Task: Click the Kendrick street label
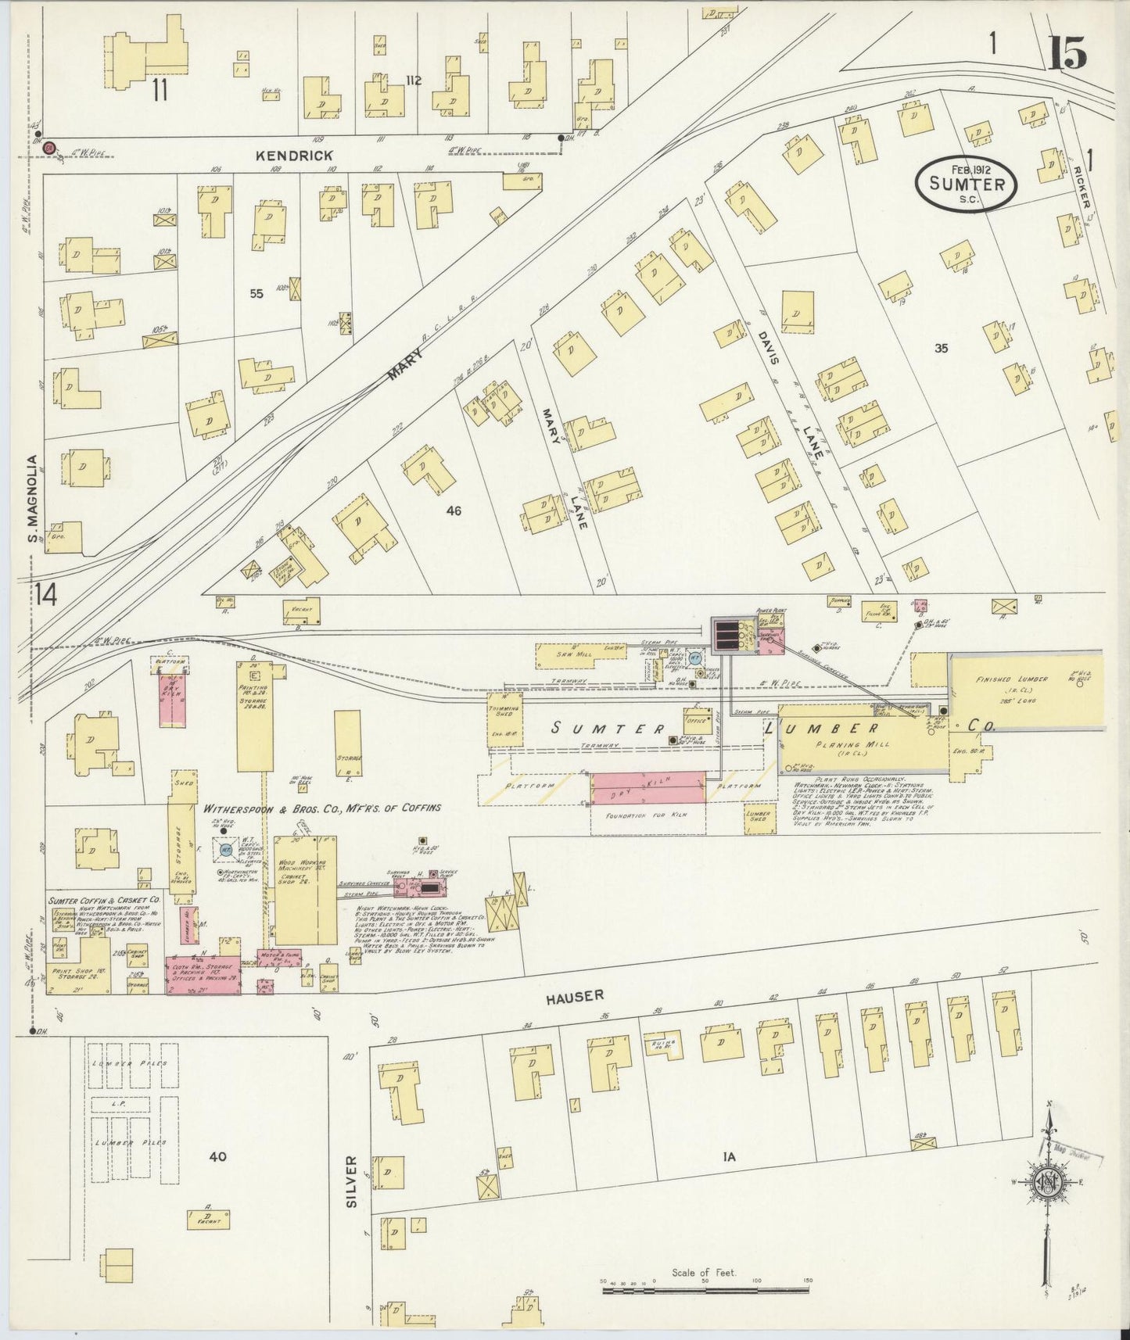[294, 156]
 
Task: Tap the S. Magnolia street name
[33, 498]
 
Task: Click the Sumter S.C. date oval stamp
[966, 184]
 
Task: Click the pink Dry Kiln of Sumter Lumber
[648, 786]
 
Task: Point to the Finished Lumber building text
[1004, 681]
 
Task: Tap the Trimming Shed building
[505, 711]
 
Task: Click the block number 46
[454, 511]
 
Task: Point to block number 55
[256, 293]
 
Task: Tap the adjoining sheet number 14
[45, 595]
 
